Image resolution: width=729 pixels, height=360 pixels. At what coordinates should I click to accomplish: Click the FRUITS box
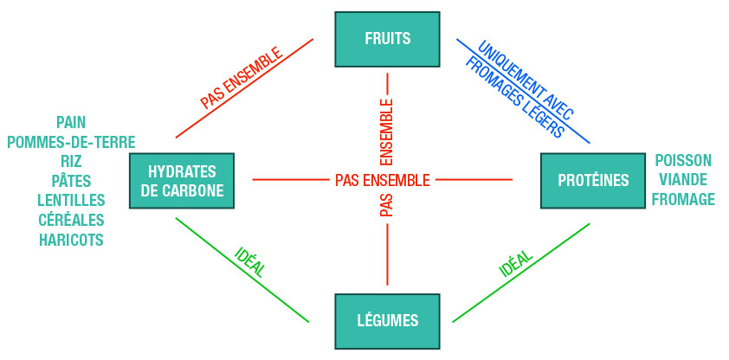tap(387, 39)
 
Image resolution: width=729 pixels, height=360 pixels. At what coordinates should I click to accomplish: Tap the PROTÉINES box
tap(593, 180)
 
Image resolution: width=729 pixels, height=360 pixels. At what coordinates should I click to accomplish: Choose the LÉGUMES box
tap(387, 321)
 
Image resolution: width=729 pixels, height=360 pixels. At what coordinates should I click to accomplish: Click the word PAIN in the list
tap(71, 122)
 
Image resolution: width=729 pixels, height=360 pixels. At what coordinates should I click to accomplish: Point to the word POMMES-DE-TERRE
tap(71, 142)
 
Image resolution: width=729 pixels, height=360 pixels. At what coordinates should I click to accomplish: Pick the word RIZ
tap(71, 162)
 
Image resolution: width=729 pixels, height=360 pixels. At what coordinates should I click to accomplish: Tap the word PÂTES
tap(71, 181)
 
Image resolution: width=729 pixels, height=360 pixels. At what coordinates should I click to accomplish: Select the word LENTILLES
tap(71, 201)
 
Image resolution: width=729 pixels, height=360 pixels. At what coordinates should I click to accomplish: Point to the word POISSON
tap(683, 161)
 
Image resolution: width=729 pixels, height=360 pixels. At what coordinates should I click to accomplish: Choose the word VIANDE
tap(683, 180)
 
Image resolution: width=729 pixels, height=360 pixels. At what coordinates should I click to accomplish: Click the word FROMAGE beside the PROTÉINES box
tap(683, 200)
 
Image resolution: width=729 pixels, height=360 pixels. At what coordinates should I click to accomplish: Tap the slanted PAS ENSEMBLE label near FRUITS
tap(242, 78)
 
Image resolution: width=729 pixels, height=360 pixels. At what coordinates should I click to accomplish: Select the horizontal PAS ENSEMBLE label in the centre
tap(382, 181)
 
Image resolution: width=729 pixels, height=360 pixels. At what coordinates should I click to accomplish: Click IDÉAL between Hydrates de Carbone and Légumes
tap(250, 263)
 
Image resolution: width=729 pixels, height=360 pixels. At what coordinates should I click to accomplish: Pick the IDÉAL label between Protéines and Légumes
tap(515, 264)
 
